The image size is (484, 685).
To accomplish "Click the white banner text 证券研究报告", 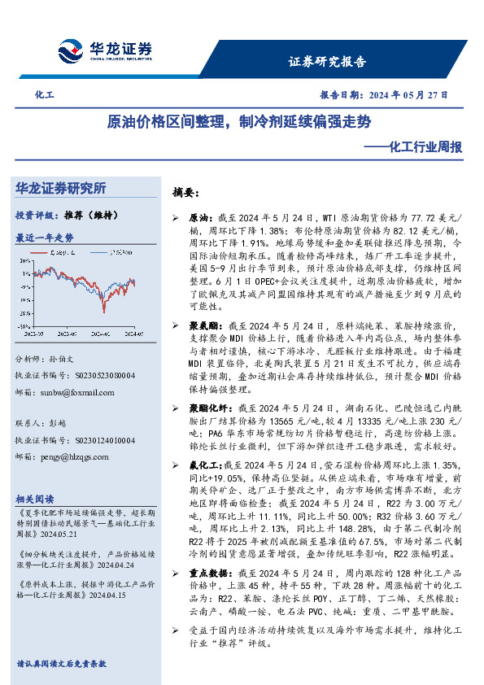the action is click(x=327, y=61).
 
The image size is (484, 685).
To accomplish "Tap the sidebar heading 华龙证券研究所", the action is click(x=61, y=189).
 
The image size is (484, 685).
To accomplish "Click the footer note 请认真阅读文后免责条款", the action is click(x=62, y=663).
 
